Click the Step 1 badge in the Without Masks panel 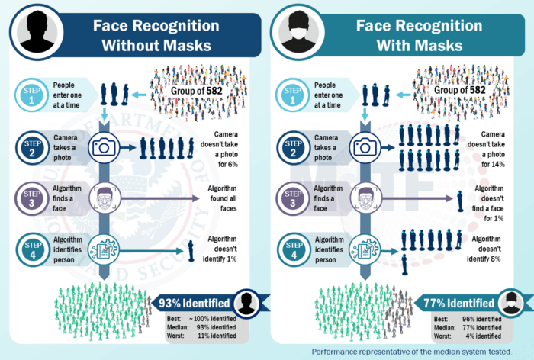[32, 95]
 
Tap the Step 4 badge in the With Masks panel [294, 250]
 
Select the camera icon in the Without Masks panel [104, 147]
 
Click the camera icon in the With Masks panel [365, 147]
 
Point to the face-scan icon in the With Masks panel [365, 198]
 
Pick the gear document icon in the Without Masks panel [104, 250]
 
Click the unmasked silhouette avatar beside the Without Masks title [37, 32]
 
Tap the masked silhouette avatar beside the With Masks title [298, 32]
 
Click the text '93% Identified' [195, 303]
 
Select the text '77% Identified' [458, 303]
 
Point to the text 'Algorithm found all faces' [223, 198]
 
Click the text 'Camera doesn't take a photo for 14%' [486, 149]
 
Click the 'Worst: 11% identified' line [201, 336]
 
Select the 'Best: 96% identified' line [468, 319]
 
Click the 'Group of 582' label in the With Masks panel [459, 90]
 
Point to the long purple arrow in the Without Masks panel [160, 198]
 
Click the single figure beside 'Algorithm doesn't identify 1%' [191, 251]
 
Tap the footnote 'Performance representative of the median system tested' [412, 352]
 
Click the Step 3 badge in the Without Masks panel [32, 198]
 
